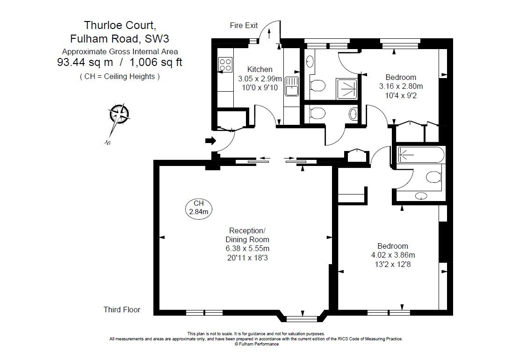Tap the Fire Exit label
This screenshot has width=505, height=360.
(244, 25)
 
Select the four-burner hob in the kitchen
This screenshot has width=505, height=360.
(225, 65)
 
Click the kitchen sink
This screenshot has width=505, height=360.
(292, 86)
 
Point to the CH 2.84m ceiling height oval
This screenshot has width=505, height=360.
(199, 208)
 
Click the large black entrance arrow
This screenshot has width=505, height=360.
(210, 140)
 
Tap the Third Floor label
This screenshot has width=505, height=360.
(122, 310)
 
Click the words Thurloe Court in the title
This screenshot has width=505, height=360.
(116, 25)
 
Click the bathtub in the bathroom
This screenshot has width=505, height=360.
(420, 154)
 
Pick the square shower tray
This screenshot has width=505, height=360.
(346, 88)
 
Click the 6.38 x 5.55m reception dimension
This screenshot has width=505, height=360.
(247, 248)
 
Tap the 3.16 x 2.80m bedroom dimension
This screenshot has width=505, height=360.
(401, 86)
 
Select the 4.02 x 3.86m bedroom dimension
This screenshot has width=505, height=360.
(393, 255)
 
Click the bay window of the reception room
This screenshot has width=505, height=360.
(301, 318)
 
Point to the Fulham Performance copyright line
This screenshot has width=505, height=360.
(256, 344)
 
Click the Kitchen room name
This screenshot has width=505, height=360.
(260, 69)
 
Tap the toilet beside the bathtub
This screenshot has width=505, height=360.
(433, 177)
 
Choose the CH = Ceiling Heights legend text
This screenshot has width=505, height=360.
(120, 76)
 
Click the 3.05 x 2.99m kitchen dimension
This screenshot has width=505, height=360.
(260, 78)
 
